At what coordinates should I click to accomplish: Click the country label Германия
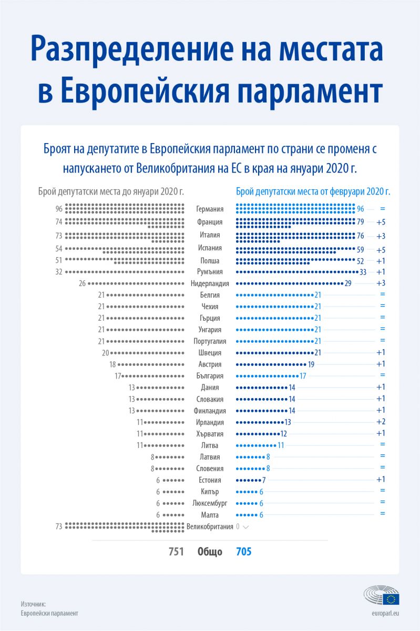point(210,209)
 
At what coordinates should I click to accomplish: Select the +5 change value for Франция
point(381,222)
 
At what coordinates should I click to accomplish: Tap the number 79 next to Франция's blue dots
point(360,222)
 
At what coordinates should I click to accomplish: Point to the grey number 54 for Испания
point(58,249)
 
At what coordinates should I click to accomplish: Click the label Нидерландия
point(210,283)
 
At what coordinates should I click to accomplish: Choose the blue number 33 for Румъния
point(363,272)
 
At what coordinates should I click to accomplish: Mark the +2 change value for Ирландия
point(381,422)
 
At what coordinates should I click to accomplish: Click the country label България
point(210,376)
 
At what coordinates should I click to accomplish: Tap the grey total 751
point(176,551)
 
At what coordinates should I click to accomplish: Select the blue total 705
point(244,551)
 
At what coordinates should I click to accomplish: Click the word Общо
point(210,552)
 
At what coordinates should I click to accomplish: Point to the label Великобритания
point(210,527)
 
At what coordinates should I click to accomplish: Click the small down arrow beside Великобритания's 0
point(245,527)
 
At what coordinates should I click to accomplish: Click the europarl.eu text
point(385,613)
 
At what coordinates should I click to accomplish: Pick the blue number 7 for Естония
point(264,480)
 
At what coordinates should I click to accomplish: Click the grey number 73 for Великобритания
point(58,526)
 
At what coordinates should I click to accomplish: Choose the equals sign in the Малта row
point(382,513)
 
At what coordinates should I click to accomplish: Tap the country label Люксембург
point(210,503)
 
